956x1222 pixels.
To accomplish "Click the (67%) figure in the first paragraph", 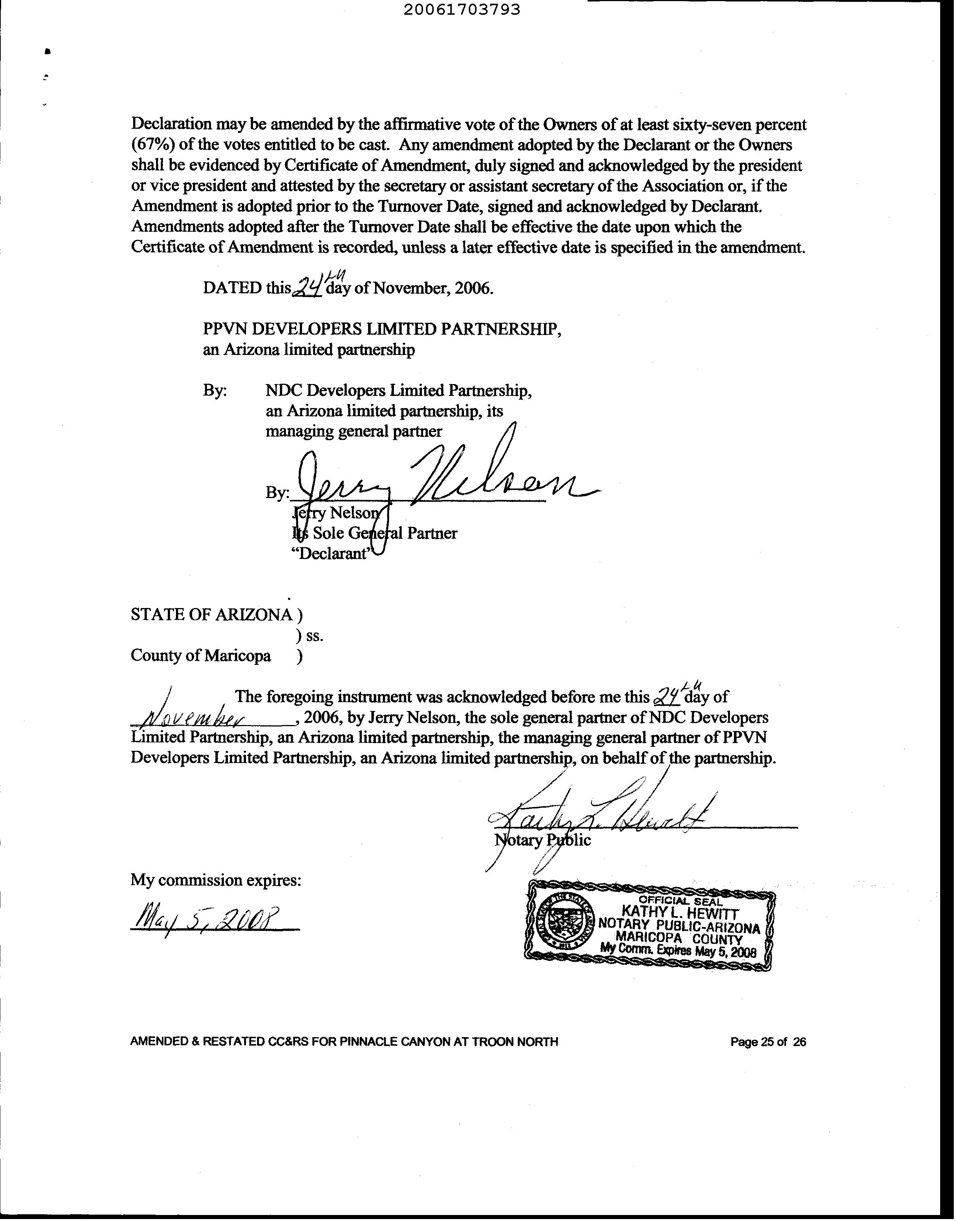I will coord(153,145).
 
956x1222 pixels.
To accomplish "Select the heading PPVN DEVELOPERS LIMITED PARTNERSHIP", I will coord(382,329).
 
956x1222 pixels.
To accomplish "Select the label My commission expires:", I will coord(216,881).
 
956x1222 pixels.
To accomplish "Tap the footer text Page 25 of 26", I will coord(768,1042).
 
